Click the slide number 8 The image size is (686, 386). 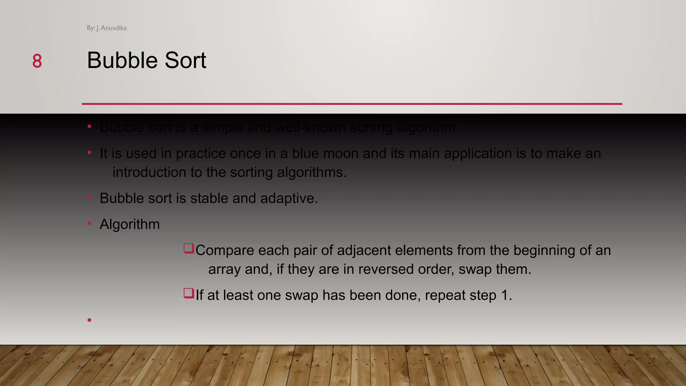coord(37,61)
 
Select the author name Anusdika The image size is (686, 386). coord(114,28)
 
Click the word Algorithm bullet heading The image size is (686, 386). coord(130,224)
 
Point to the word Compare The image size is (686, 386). coord(223,250)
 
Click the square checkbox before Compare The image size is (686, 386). coord(189,248)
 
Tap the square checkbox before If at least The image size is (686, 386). coord(189,293)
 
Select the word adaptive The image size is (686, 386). coord(289,198)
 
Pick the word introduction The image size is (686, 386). coord(149,172)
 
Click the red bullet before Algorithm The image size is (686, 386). coord(89,223)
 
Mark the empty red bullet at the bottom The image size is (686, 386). coord(89,320)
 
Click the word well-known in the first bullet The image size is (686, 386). coord(310,128)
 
